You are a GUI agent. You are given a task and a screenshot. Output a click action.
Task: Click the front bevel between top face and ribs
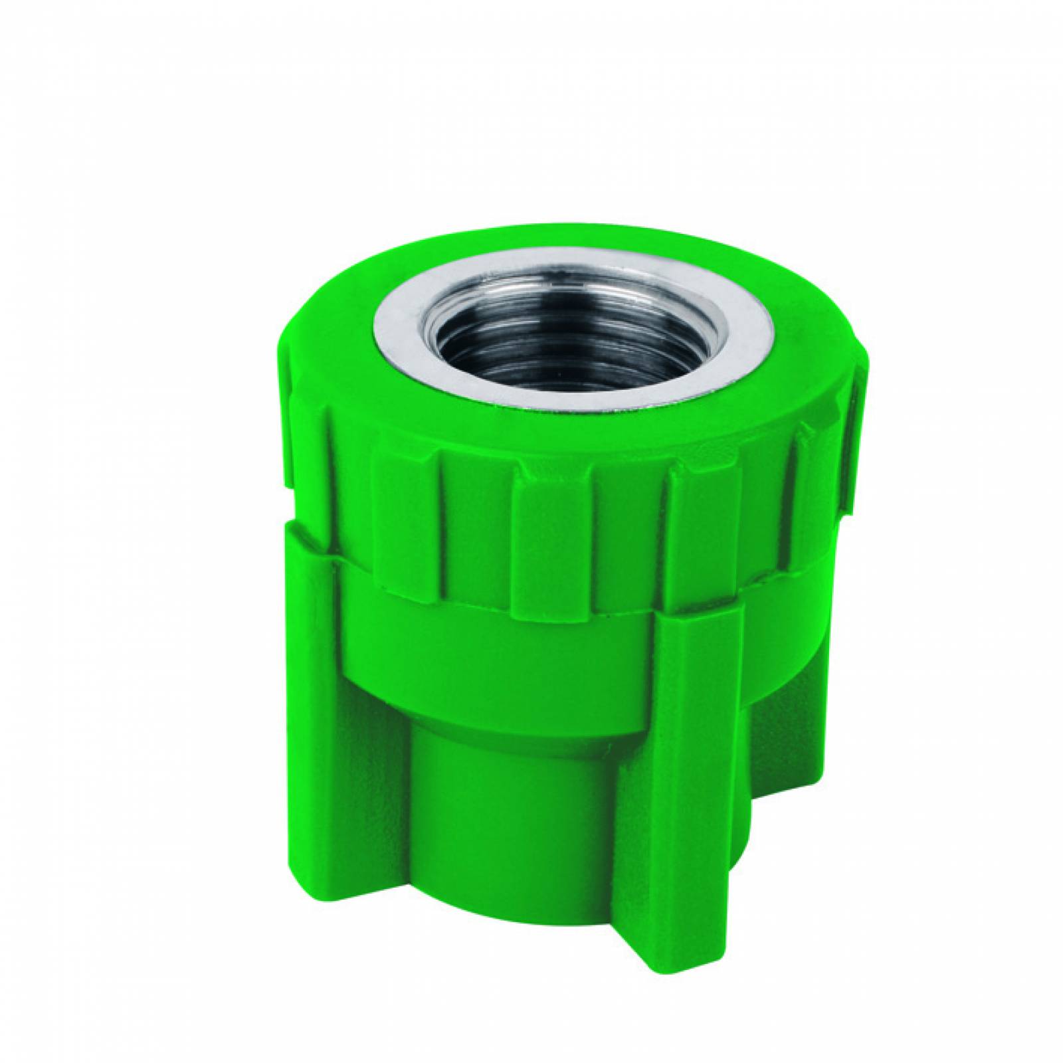(531, 445)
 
